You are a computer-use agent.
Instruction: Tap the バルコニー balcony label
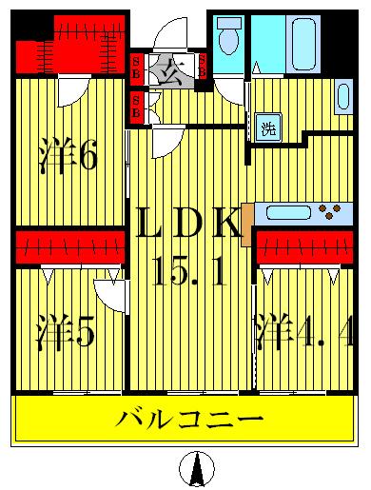pos(189,419)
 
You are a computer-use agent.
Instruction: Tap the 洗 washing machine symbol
pos(268,128)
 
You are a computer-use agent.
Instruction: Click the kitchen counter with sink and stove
pos(303,212)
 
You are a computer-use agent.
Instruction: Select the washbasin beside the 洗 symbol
pos(343,94)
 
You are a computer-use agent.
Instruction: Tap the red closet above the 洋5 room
pos(69,246)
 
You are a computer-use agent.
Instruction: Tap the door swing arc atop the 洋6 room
pos(72,92)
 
